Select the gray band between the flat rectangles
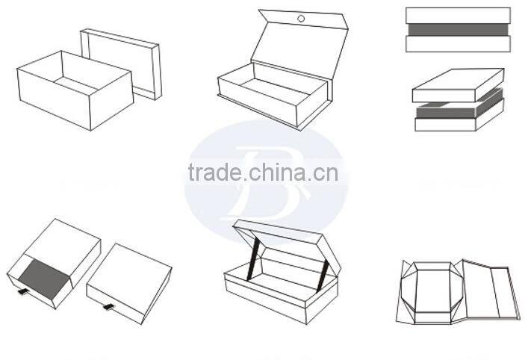pyautogui.click(x=458, y=30)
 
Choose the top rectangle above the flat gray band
pyautogui.click(x=458, y=15)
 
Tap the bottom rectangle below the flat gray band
pyautogui.click(x=458, y=44)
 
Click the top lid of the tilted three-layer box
pyautogui.click(x=457, y=84)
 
